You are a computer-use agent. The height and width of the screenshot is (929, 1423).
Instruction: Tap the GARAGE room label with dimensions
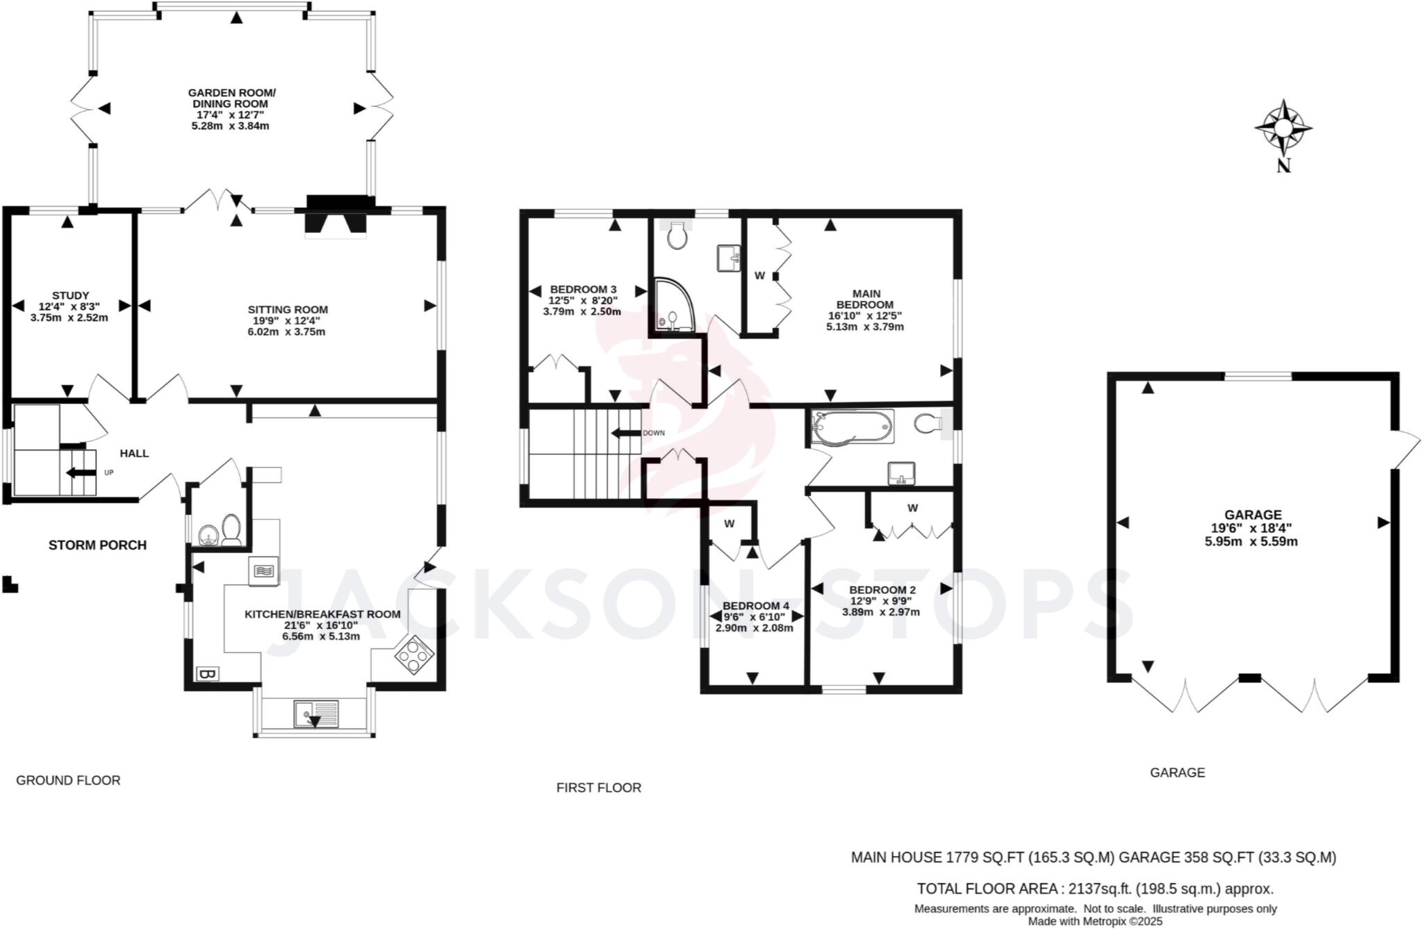[x=1251, y=528]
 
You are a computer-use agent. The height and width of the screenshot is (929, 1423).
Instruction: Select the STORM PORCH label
[x=97, y=545]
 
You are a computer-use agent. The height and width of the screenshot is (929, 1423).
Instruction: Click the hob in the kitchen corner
[x=414, y=655]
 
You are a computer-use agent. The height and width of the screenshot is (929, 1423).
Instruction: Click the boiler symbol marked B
[x=207, y=673]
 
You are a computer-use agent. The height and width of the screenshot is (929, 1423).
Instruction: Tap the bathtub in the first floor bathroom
[x=853, y=425]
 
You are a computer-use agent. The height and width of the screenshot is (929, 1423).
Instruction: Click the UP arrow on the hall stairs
[x=81, y=473]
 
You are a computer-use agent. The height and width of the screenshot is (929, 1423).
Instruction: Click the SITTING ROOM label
[x=288, y=320]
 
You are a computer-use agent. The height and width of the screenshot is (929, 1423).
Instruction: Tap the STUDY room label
[x=69, y=306]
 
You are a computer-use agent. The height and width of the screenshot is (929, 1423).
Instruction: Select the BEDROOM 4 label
[x=755, y=616]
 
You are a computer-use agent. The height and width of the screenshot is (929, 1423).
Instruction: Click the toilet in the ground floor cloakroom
[x=231, y=530]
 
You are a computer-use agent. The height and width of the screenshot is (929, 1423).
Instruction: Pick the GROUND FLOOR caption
[x=68, y=780]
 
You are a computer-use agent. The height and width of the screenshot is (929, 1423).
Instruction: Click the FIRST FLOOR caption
[x=598, y=787]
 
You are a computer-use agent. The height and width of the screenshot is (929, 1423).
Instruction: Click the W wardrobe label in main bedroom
[x=759, y=276]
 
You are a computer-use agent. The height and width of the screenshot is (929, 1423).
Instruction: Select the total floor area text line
[x=1094, y=889]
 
